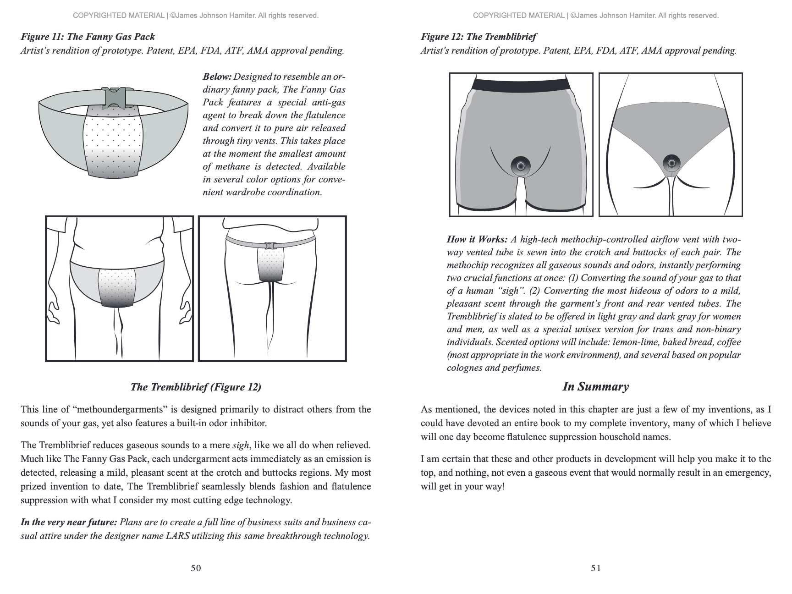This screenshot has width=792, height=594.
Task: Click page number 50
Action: (196, 568)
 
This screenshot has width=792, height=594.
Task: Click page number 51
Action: (596, 568)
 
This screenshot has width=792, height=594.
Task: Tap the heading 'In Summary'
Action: (595, 387)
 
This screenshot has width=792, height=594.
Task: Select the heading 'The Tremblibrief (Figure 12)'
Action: (196, 387)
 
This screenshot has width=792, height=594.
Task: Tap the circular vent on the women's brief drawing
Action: (671, 162)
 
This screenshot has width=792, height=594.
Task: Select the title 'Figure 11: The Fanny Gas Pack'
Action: (88, 37)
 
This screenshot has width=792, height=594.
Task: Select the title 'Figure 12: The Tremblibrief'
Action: (478, 37)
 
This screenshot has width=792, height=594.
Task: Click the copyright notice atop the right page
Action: (595, 16)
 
